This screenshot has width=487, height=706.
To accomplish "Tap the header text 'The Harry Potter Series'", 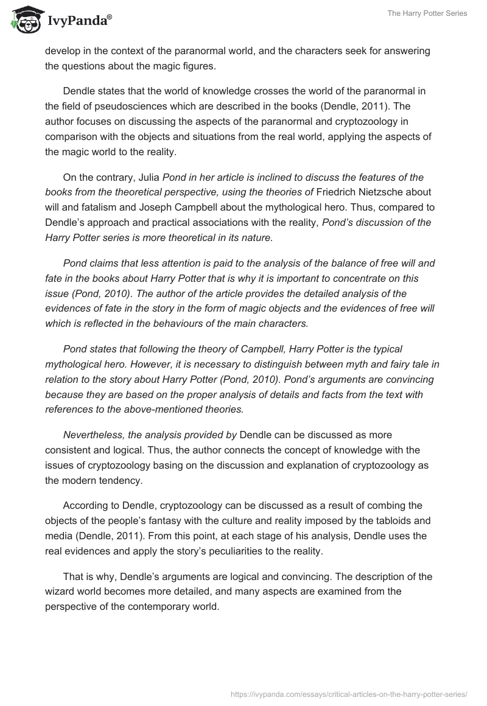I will point(427,13).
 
